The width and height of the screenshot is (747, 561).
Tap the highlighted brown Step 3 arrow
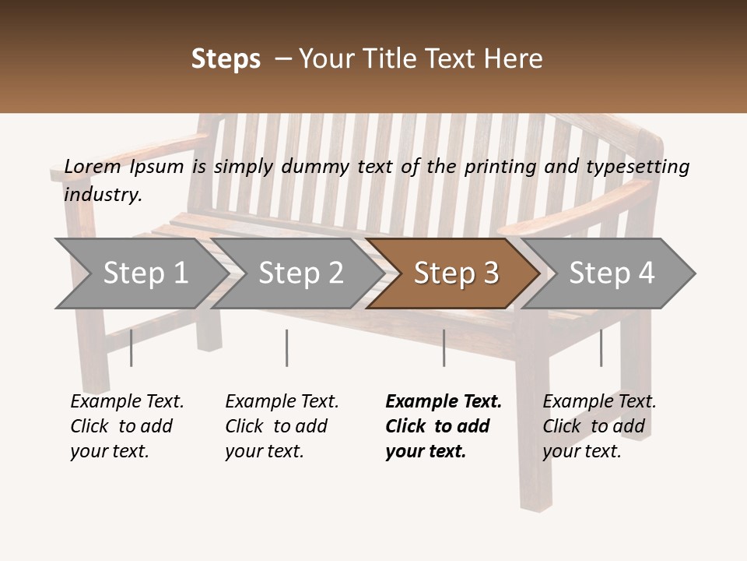click(455, 273)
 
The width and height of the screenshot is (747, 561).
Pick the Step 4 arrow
click(611, 273)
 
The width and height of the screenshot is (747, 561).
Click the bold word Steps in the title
click(226, 59)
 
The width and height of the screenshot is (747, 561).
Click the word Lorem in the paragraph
click(93, 166)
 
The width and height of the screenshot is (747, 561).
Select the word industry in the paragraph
click(103, 194)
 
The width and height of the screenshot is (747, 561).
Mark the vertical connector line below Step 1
click(131, 348)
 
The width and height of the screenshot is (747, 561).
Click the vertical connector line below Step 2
click(287, 348)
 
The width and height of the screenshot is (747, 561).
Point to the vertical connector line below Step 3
click(444, 348)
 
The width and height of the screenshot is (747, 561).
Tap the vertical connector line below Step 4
click(601, 348)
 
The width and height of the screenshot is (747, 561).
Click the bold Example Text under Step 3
click(444, 402)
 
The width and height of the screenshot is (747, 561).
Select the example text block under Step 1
click(127, 426)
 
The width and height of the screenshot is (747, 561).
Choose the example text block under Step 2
click(282, 426)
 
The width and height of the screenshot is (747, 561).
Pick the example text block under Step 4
click(599, 426)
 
